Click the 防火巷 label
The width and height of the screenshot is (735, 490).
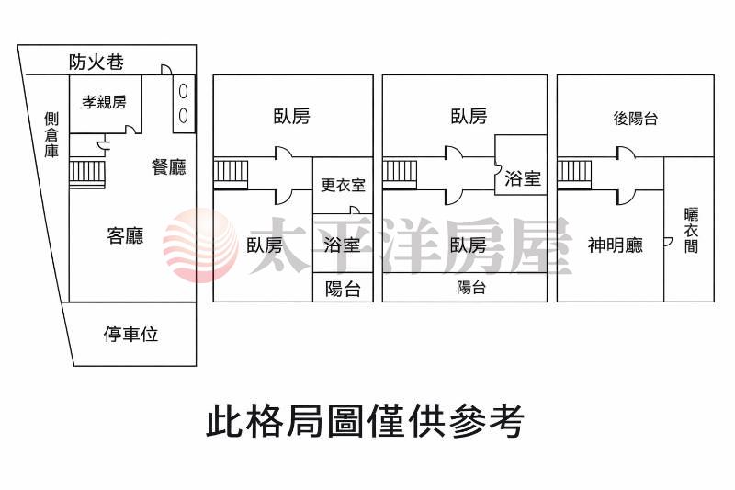point(96,63)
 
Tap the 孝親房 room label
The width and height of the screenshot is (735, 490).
point(104,102)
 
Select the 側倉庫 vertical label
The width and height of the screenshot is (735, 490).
point(51,135)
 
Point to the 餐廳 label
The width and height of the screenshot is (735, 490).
point(169,166)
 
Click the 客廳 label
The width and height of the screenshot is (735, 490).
point(125,236)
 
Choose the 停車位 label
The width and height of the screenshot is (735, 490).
point(130,334)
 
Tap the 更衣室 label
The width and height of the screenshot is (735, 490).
point(343,185)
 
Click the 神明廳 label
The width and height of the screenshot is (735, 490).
point(615,245)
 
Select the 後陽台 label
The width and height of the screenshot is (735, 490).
point(635,118)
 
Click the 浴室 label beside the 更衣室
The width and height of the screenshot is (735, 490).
point(343,245)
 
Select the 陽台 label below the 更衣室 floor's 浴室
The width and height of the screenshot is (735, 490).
point(343,289)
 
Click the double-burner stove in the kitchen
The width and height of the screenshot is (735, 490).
point(183,103)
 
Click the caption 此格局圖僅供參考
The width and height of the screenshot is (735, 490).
point(365,422)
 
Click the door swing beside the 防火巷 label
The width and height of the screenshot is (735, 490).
point(166,70)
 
